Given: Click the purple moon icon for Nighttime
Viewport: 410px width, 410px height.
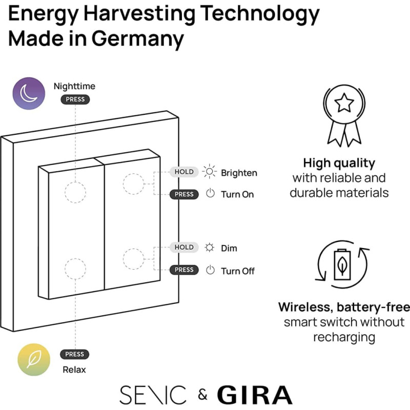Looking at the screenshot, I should coord(29,93).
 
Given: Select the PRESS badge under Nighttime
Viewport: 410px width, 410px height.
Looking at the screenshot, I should coord(75,99).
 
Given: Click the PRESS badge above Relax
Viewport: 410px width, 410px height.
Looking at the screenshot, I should coord(75,354).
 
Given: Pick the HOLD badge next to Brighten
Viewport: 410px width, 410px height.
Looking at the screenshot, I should coord(184,172).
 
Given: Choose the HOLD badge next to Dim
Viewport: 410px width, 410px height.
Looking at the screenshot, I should coord(184,248).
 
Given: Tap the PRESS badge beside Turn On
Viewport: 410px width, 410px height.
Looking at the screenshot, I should coord(184,195).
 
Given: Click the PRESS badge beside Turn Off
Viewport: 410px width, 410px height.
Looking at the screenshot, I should coord(184,270).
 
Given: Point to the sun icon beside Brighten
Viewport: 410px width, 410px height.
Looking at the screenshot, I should coord(210,172).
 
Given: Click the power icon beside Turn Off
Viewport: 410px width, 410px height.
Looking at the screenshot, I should coord(210,270).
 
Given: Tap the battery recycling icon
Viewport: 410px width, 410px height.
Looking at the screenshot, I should coord(342,263).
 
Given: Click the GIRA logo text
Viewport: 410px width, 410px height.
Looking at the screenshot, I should coord(254,395).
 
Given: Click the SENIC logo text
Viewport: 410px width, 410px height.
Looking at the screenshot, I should coord(153,395).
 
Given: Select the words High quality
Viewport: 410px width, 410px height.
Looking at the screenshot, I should coord(339,163).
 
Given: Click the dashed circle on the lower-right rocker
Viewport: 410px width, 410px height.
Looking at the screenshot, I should coord(133,259).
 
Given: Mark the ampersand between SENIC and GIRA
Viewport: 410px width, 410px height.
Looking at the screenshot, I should coord(203,395).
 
